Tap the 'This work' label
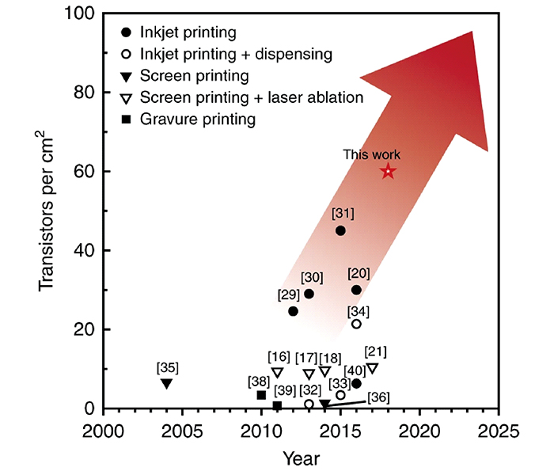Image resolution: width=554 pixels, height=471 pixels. click(372, 154)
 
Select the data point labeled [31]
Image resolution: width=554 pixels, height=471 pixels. click(340, 230)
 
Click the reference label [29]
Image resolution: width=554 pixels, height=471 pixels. click(288, 294)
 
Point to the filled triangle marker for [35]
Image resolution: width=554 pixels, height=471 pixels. click(166, 384)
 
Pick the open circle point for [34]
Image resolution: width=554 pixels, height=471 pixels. click(356, 324)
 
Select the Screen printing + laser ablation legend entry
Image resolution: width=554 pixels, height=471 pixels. click(251, 98)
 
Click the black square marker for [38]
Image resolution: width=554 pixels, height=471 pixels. click(261, 395)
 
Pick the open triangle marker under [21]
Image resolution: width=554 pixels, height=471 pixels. click(372, 369)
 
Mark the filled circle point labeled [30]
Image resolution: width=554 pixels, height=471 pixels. click(309, 294)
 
